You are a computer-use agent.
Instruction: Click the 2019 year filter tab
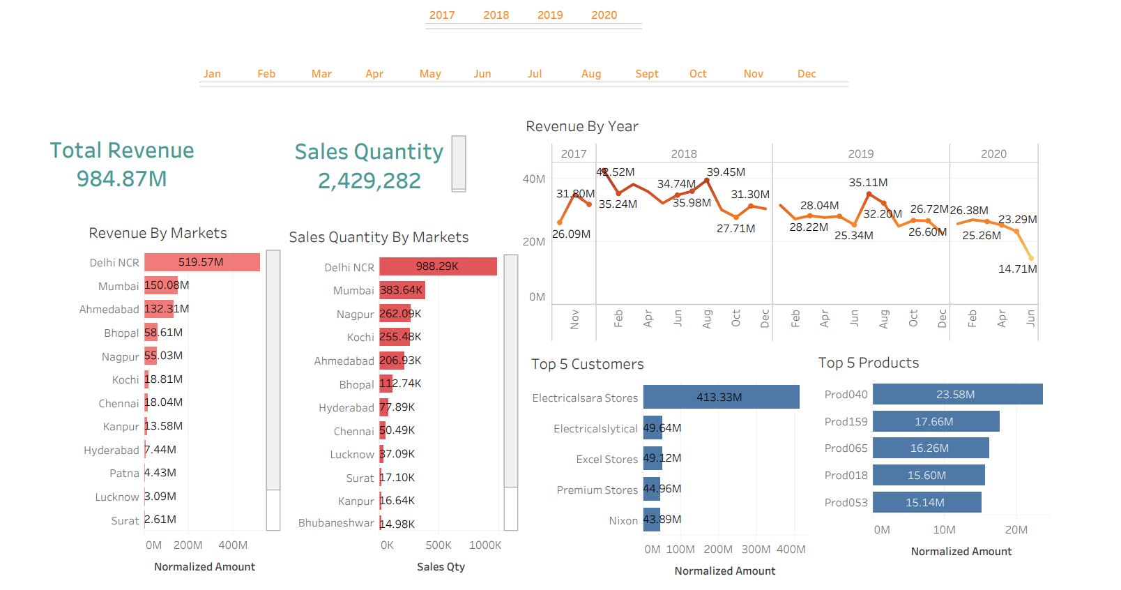(549, 15)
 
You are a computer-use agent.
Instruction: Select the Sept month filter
(646, 74)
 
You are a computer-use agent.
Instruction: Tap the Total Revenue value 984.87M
(122, 179)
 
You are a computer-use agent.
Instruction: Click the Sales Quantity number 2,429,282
(369, 181)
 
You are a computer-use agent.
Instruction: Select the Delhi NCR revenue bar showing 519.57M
(202, 262)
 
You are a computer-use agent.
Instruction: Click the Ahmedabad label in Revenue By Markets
(109, 310)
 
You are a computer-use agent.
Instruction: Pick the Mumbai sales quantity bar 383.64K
(402, 290)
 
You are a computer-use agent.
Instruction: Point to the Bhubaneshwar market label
(336, 523)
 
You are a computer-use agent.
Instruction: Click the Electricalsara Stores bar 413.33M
(721, 397)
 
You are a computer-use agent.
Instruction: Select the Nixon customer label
(623, 521)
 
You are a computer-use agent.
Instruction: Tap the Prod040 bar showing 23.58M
(957, 394)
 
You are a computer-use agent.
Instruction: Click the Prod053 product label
(846, 503)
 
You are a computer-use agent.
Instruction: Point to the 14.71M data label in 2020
(1017, 269)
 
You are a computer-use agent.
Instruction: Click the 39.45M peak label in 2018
(726, 172)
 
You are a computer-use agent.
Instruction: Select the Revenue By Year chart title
(581, 127)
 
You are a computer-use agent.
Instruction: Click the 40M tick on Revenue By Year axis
(534, 179)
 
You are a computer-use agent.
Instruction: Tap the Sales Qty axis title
(441, 567)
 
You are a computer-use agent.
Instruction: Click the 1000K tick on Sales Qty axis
(485, 545)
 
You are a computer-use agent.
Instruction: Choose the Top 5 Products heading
(868, 363)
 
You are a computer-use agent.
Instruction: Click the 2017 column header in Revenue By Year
(574, 154)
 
